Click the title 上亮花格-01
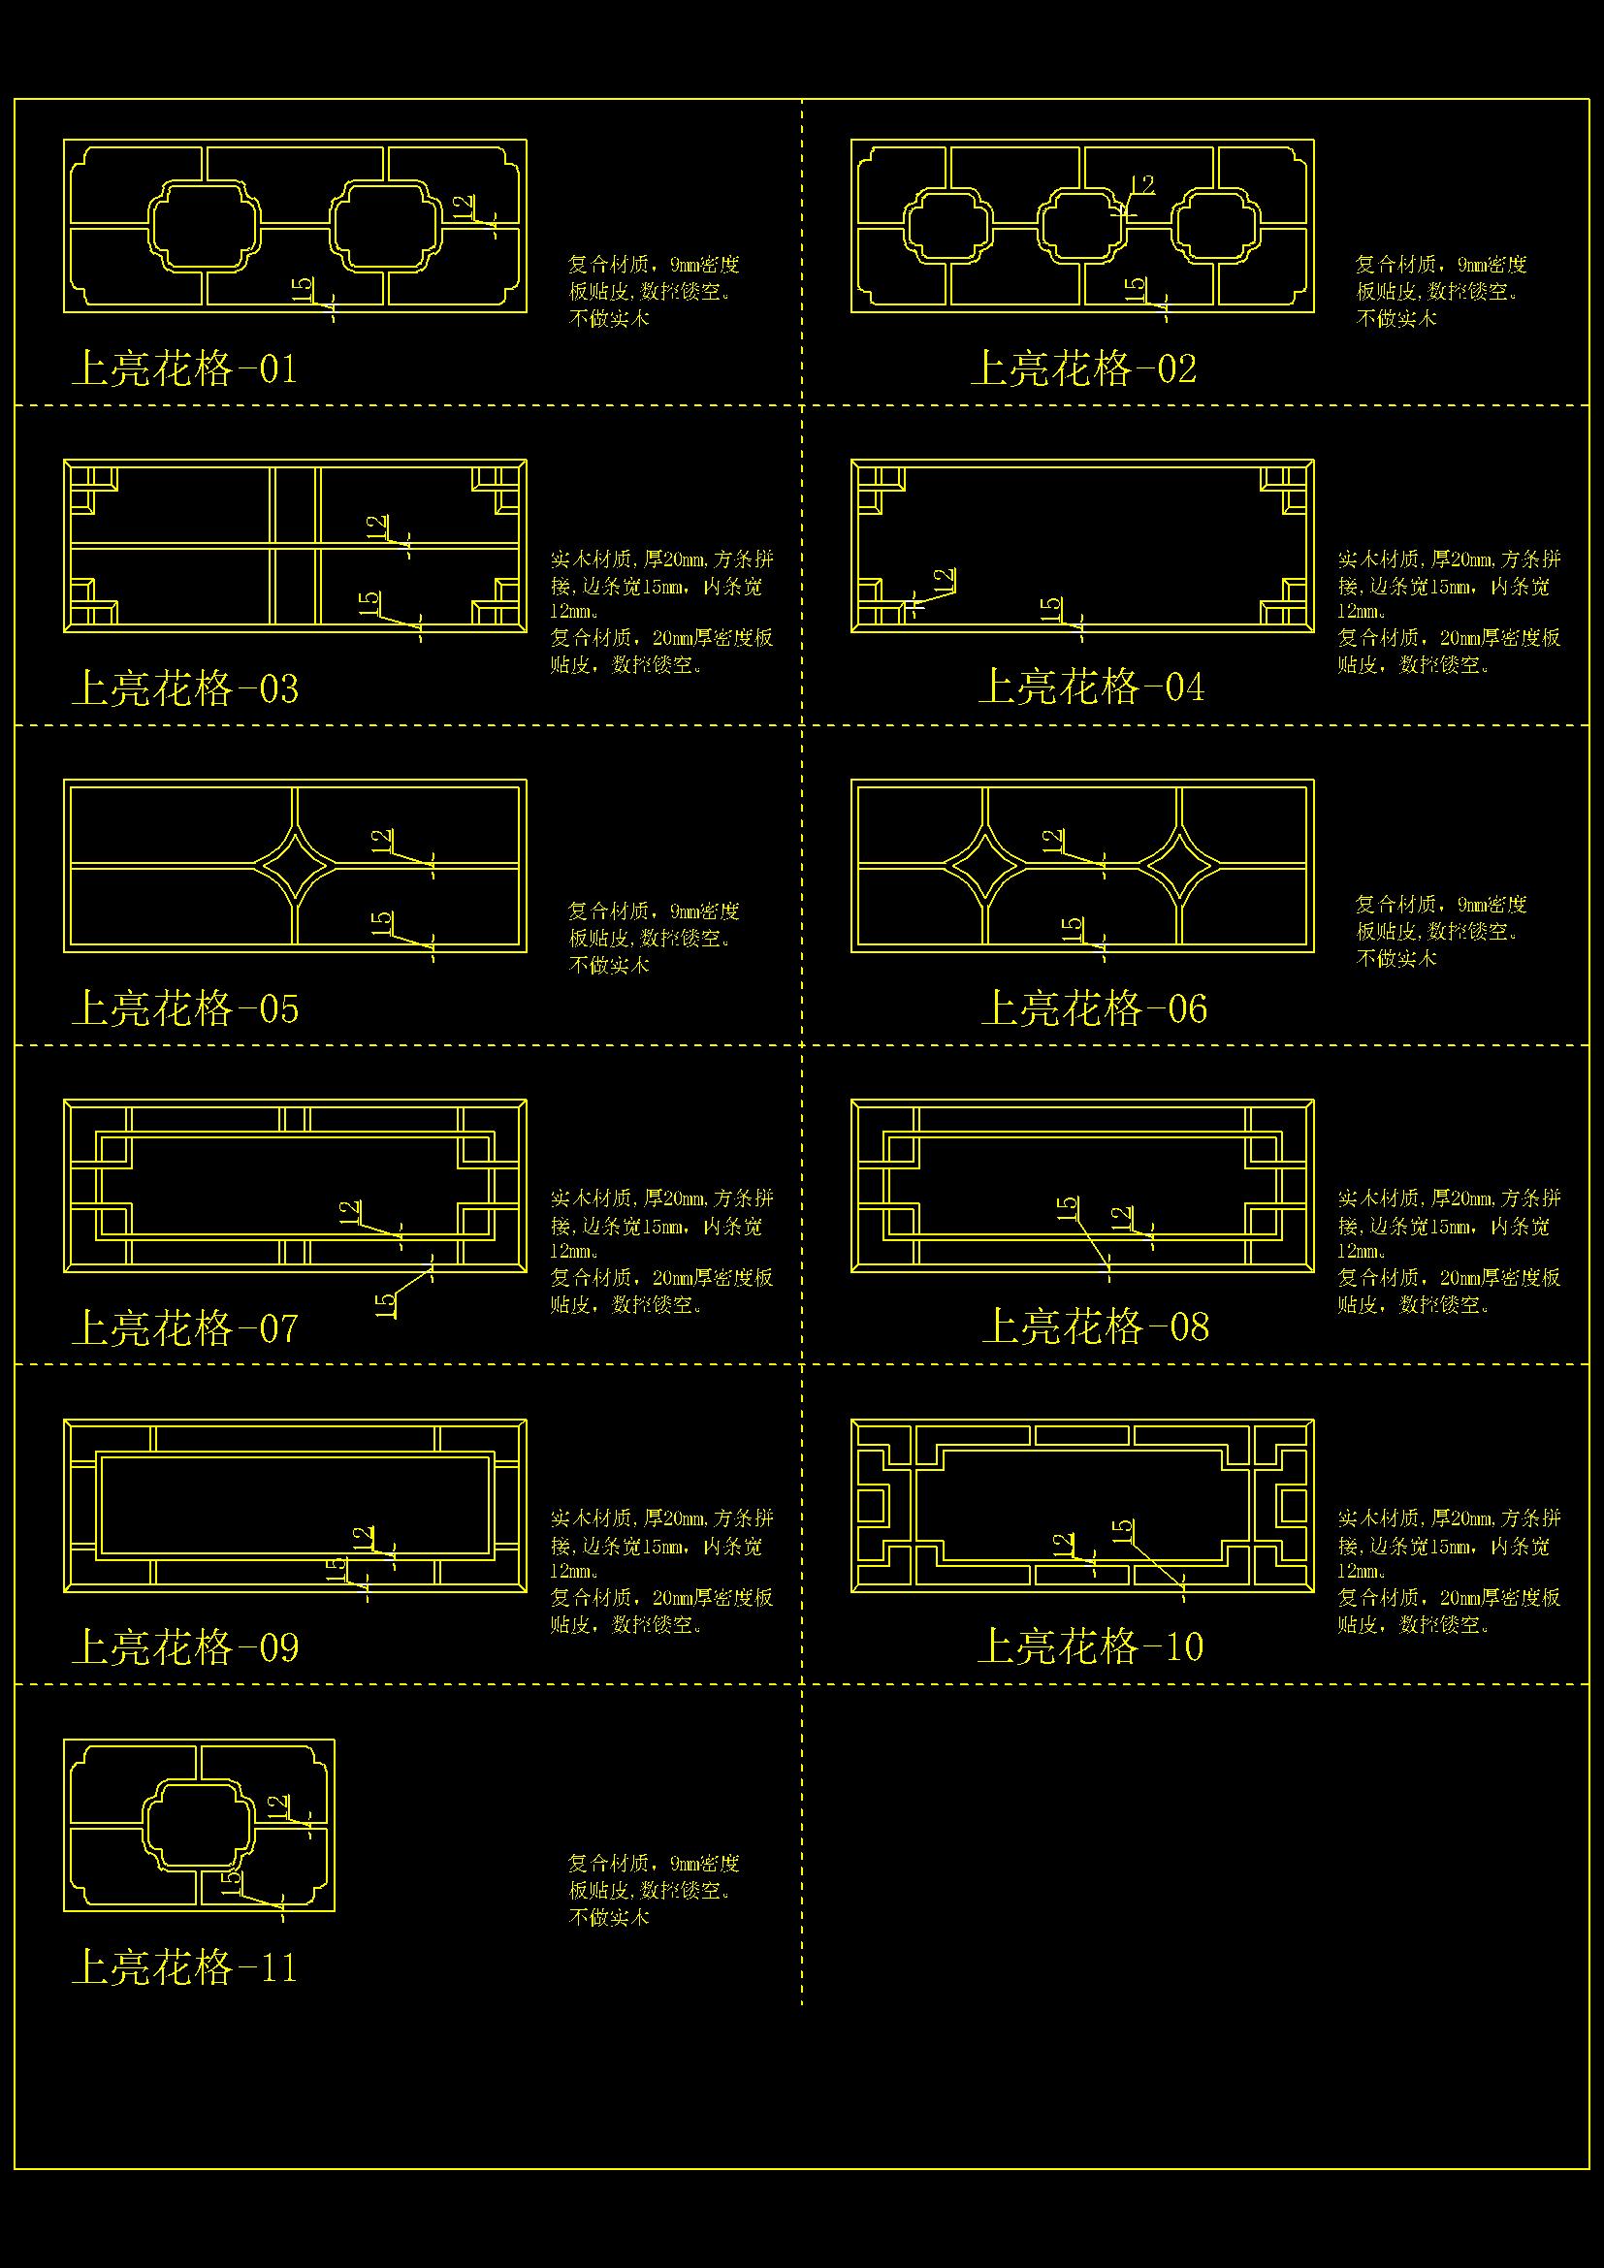point(183,368)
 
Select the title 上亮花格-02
point(1083,368)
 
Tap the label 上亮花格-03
point(184,688)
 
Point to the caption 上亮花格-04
point(1091,687)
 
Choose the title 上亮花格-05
point(184,1008)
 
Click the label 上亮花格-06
point(1094,1008)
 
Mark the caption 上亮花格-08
point(1095,1326)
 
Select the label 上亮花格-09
point(184,1647)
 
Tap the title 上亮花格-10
point(1090,1646)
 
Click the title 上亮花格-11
point(183,1967)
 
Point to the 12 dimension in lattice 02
point(1141,187)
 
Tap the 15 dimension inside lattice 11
point(229,1881)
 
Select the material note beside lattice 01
point(654,292)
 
